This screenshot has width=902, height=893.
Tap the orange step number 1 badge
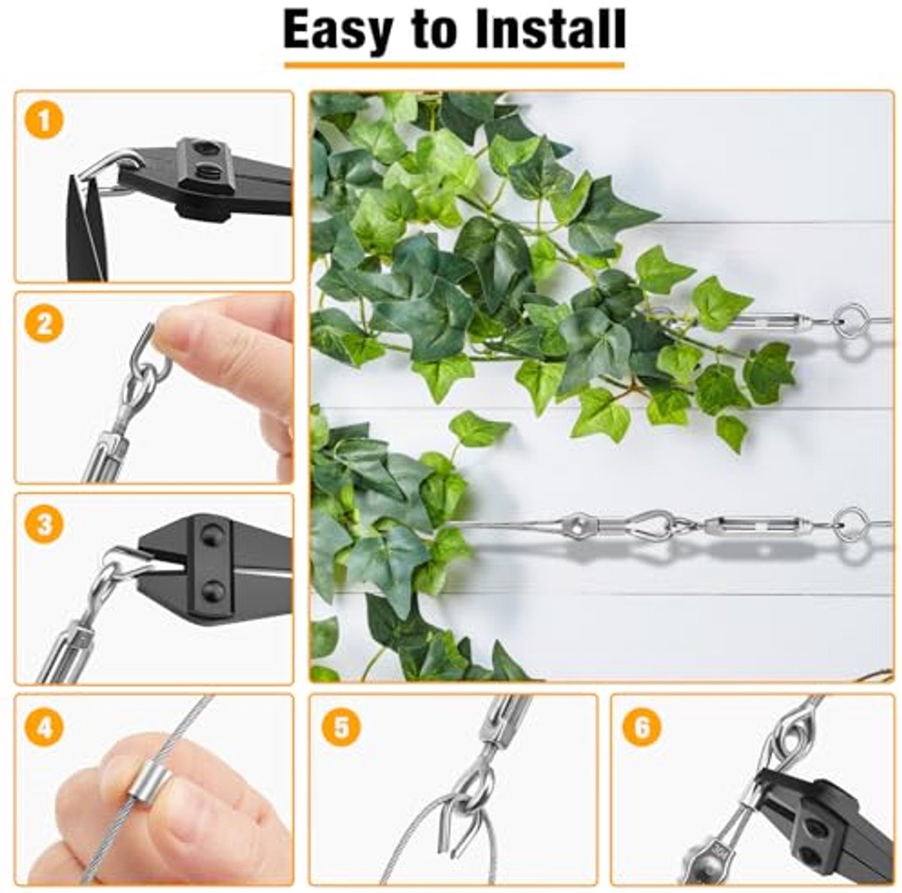(44, 120)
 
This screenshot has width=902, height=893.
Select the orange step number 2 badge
(44, 322)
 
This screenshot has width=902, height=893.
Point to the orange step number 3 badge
(44, 524)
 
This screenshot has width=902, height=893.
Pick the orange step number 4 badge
(44, 727)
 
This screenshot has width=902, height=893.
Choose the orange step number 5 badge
(341, 727)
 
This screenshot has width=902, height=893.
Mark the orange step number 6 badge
(642, 727)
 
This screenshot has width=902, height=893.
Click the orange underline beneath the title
(454, 65)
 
